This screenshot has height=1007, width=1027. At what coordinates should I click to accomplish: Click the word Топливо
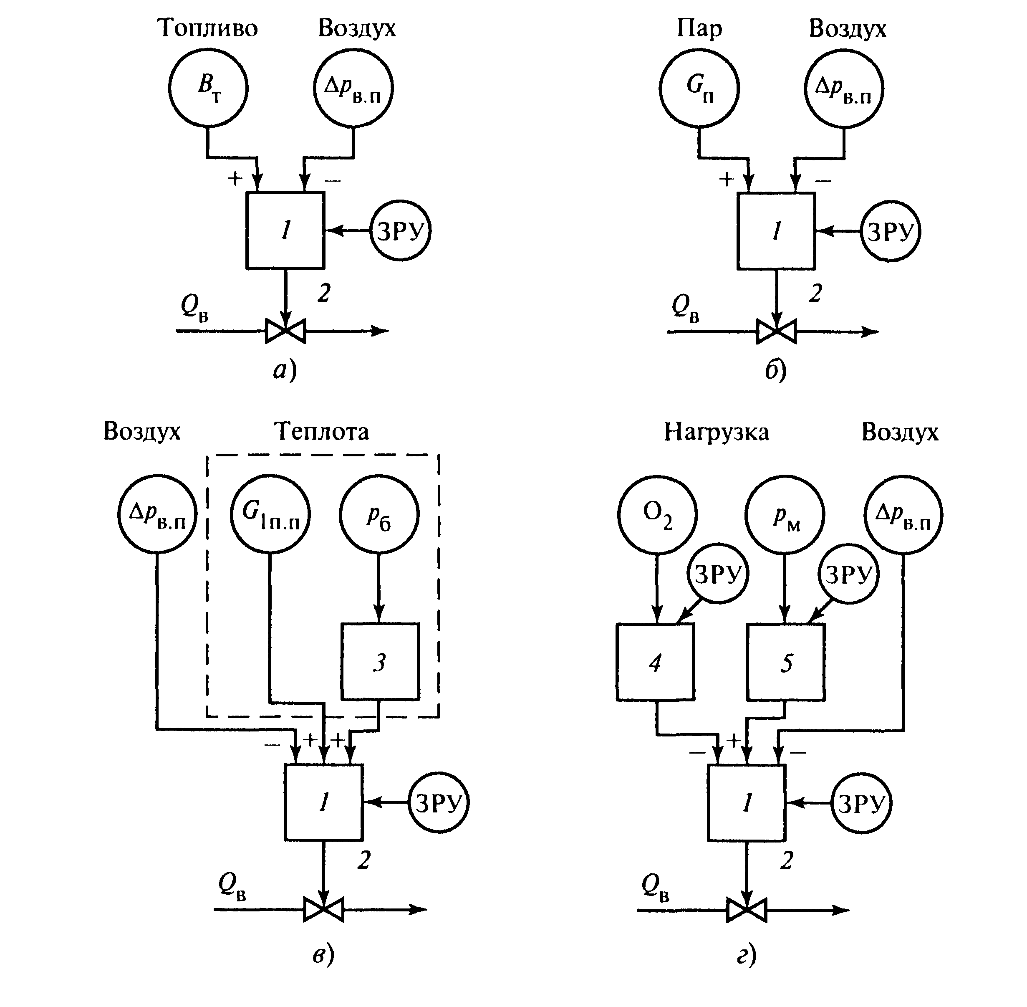tap(207, 28)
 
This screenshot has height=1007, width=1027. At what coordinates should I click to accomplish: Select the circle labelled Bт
tap(208, 88)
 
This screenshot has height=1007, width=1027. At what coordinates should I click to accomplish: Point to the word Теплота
tap(321, 432)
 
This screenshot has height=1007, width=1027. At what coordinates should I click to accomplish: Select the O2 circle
tap(657, 514)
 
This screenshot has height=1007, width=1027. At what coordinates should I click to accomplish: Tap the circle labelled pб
tap(379, 514)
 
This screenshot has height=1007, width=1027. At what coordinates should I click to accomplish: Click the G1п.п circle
tap(270, 514)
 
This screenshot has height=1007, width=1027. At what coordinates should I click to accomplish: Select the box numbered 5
tap(786, 662)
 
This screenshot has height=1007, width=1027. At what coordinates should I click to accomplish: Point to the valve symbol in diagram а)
tap(285, 331)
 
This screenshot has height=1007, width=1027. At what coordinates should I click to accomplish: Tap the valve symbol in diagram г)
tap(746, 910)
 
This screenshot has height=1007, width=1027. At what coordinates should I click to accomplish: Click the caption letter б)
tap(775, 371)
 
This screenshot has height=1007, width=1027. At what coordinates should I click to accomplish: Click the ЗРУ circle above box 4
tap(718, 574)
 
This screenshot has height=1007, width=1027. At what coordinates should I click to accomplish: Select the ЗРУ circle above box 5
tap(848, 574)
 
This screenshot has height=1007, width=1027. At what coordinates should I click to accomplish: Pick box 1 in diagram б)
tap(776, 231)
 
